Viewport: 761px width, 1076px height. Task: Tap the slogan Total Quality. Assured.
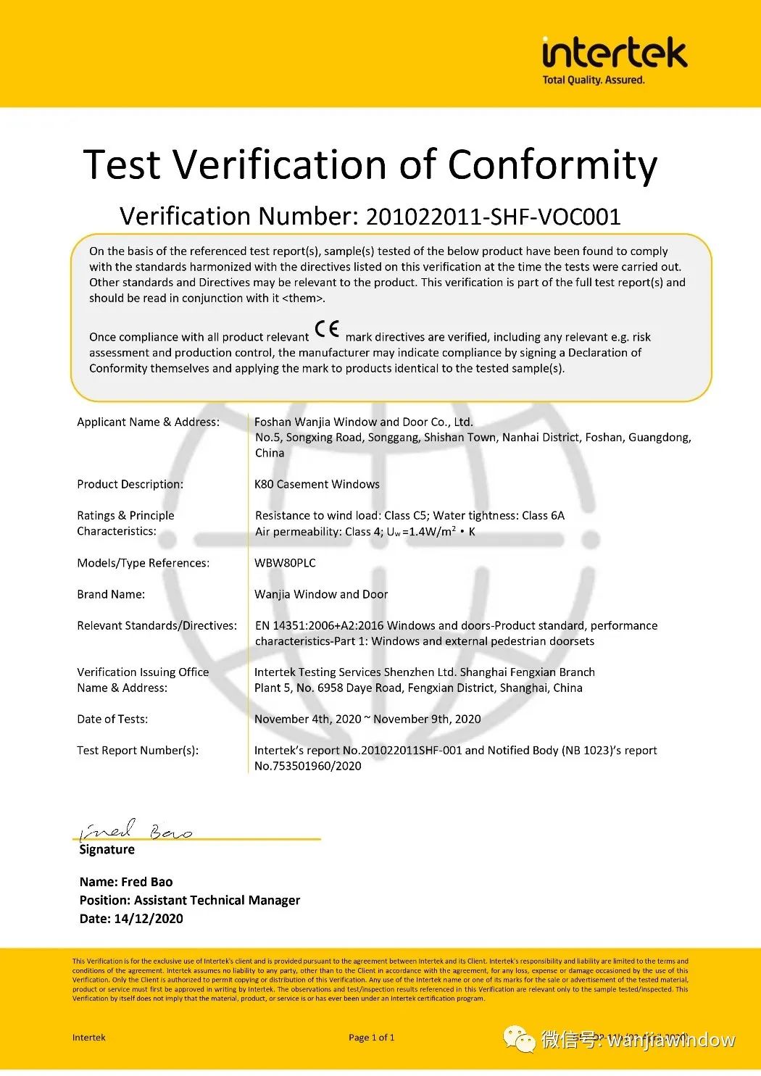[x=593, y=80]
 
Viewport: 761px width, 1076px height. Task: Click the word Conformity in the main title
[x=552, y=165]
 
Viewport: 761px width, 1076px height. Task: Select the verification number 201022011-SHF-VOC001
[x=493, y=217]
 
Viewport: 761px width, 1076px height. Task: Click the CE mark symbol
[x=327, y=330]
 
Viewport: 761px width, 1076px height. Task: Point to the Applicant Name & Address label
[x=148, y=422]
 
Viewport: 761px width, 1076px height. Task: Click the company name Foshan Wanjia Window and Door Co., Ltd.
[x=363, y=422]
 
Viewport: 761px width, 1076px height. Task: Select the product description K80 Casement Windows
[x=317, y=485]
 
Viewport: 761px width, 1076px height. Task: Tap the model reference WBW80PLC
[x=285, y=563]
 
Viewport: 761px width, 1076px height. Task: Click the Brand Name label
[x=111, y=595]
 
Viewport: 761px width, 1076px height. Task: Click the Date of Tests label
[x=112, y=720]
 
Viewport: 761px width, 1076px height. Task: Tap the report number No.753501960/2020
[x=307, y=767]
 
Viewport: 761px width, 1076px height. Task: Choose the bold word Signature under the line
[x=107, y=850]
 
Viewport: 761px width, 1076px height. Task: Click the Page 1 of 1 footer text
[x=371, y=1038]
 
